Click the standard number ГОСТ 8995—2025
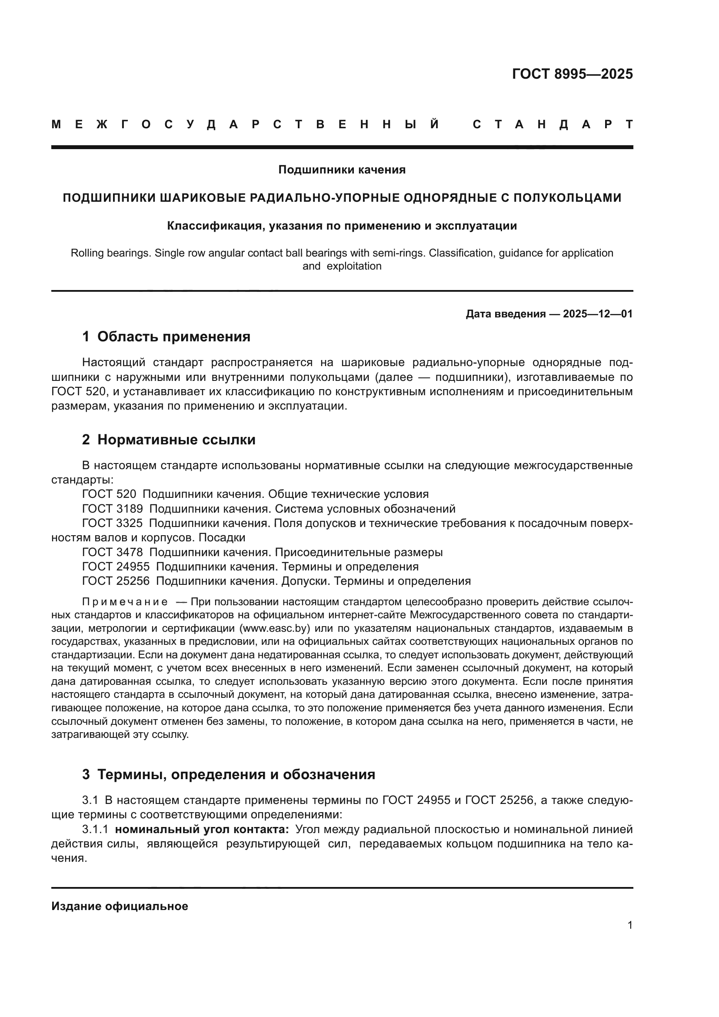coord(572,74)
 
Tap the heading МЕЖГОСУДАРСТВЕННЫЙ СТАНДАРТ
coord(342,125)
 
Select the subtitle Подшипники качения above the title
coord(342,170)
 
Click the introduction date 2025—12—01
coord(598,314)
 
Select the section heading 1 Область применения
coord(166,337)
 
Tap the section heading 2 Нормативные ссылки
coord(169,440)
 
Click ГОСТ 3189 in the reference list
coord(113,509)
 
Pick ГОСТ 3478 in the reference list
coord(113,552)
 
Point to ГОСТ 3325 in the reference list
coord(113,523)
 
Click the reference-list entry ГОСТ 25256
coord(116,581)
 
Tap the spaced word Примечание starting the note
coord(125,602)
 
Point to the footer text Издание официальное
coord(120,906)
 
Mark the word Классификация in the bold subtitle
coord(209,226)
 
